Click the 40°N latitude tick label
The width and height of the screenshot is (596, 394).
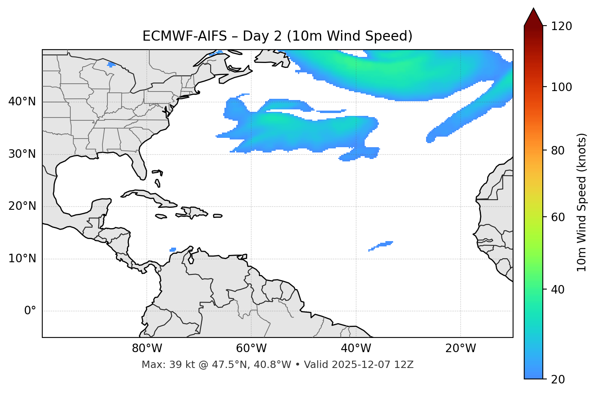click(22, 102)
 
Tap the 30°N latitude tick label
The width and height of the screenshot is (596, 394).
click(22, 154)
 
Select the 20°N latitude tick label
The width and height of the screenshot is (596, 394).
click(22, 206)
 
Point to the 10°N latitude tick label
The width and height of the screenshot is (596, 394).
click(22, 259)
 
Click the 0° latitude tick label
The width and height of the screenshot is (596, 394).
click(30, 311)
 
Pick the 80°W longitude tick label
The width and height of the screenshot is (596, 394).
click(147, 348)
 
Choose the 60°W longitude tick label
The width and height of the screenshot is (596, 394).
click(251, 348)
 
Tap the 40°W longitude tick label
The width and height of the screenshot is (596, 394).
click(356, 348)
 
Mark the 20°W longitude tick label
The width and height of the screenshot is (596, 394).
click(461, 348)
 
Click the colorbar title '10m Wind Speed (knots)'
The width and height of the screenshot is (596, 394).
click(582, 202)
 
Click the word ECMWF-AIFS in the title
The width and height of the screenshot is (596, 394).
click(185, 36)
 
